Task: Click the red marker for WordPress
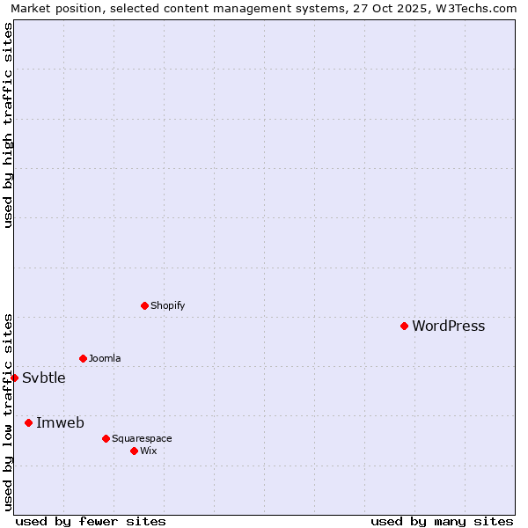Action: click(x=404, y=326)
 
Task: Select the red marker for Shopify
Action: click(x=144, y=305)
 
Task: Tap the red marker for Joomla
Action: click(x=83, y=358)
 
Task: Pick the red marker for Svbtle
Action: click(x=14, y=378)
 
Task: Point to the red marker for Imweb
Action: click(x=28, y=422)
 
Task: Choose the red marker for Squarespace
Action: click(x=106, y=438)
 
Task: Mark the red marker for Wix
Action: click(x=134, y=451)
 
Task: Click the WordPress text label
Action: click(x=448, y=326)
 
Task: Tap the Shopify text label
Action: click(x=167, y=305)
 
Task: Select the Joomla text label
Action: click(x=105, y=358)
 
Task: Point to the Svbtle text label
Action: click(x=44, y=378)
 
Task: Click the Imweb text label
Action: click(x=60, y=422)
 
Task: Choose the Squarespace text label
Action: click(x=142, y=438)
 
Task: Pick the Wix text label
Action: click(x=148, y=451)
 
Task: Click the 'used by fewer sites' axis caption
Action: click(x=91, y=521)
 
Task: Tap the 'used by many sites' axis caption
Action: click(x=442, y=521)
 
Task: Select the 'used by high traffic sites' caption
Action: click(x=8, y=125)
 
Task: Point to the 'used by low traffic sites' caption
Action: click(x=8, y=412)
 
